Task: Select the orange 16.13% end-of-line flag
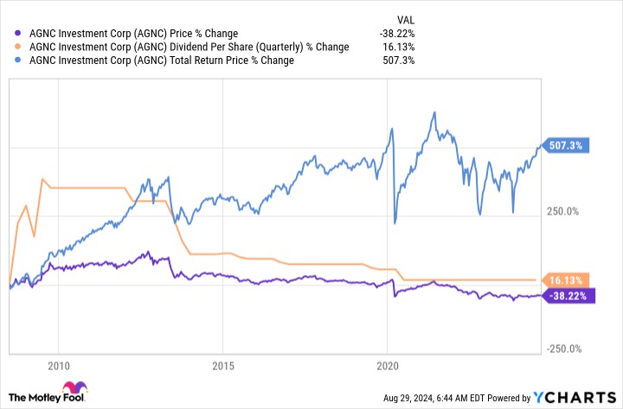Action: coord(564,279)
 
